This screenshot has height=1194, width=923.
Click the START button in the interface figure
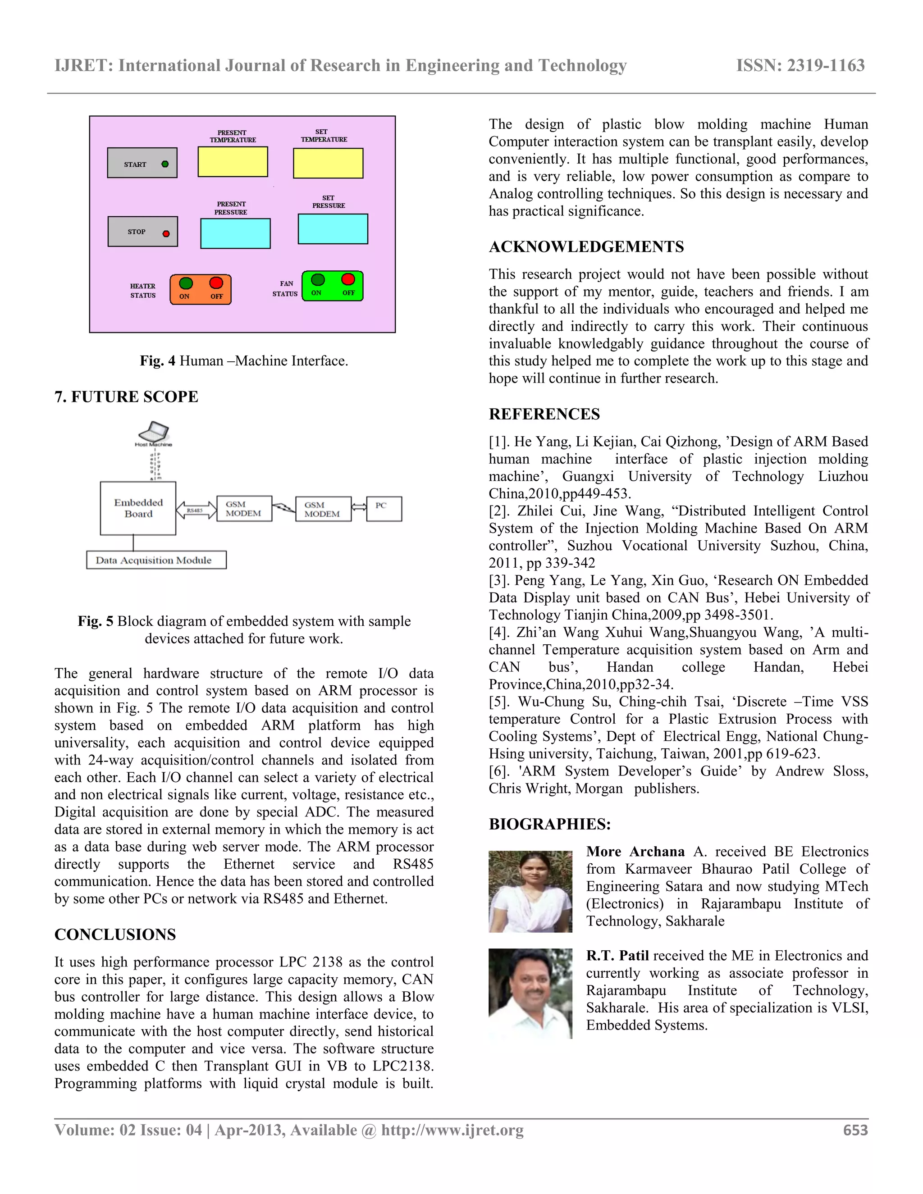pos(142,163)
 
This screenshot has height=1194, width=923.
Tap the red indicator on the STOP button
pos(166,233)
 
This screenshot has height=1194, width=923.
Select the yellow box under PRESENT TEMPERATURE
pos(233,162)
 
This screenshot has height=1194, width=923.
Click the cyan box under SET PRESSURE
pos(333,228)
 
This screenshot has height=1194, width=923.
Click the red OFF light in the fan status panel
pos(348,279)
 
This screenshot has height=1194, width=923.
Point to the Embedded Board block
pos(138,508)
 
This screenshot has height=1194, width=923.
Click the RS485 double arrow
pos(196,510)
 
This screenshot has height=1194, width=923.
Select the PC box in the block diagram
pos(384,508)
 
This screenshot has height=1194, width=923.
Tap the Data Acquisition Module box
pos(156,560)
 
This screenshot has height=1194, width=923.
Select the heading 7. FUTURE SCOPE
pos(126,396)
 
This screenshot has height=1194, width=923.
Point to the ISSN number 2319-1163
pos(825,66)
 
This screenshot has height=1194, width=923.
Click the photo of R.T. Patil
pos(530,993)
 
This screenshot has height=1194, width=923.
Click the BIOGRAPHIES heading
pos(549,824)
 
